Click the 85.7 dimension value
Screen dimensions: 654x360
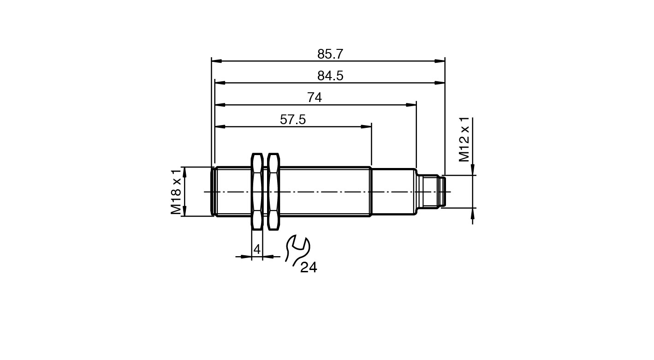(x=330, y=54)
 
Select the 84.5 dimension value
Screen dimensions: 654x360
(x=330, y=76)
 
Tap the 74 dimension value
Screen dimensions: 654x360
(x=315, y=97)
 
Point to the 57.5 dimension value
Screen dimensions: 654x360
(x=292, y=120)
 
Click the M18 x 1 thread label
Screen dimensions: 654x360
(x=176, y=192)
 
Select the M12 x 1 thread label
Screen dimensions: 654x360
(x=464, y=139)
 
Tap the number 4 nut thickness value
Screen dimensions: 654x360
(x=257, y=249)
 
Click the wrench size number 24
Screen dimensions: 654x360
(x=309, y=267)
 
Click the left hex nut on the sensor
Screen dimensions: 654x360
(x=257, y=192)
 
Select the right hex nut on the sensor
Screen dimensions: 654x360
(x=273, y=192)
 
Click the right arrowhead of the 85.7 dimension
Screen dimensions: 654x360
(x=440, y=61)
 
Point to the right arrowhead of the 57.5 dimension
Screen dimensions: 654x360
(x=366, y=126)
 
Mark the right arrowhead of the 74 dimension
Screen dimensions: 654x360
(x=411, y=105)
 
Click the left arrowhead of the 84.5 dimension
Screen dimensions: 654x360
(x=220, y=83)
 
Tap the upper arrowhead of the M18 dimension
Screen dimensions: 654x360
(x=184, y=172)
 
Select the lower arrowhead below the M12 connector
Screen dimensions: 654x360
(x=472, y=213)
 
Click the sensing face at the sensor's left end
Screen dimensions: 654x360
(x=213, y=192)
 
